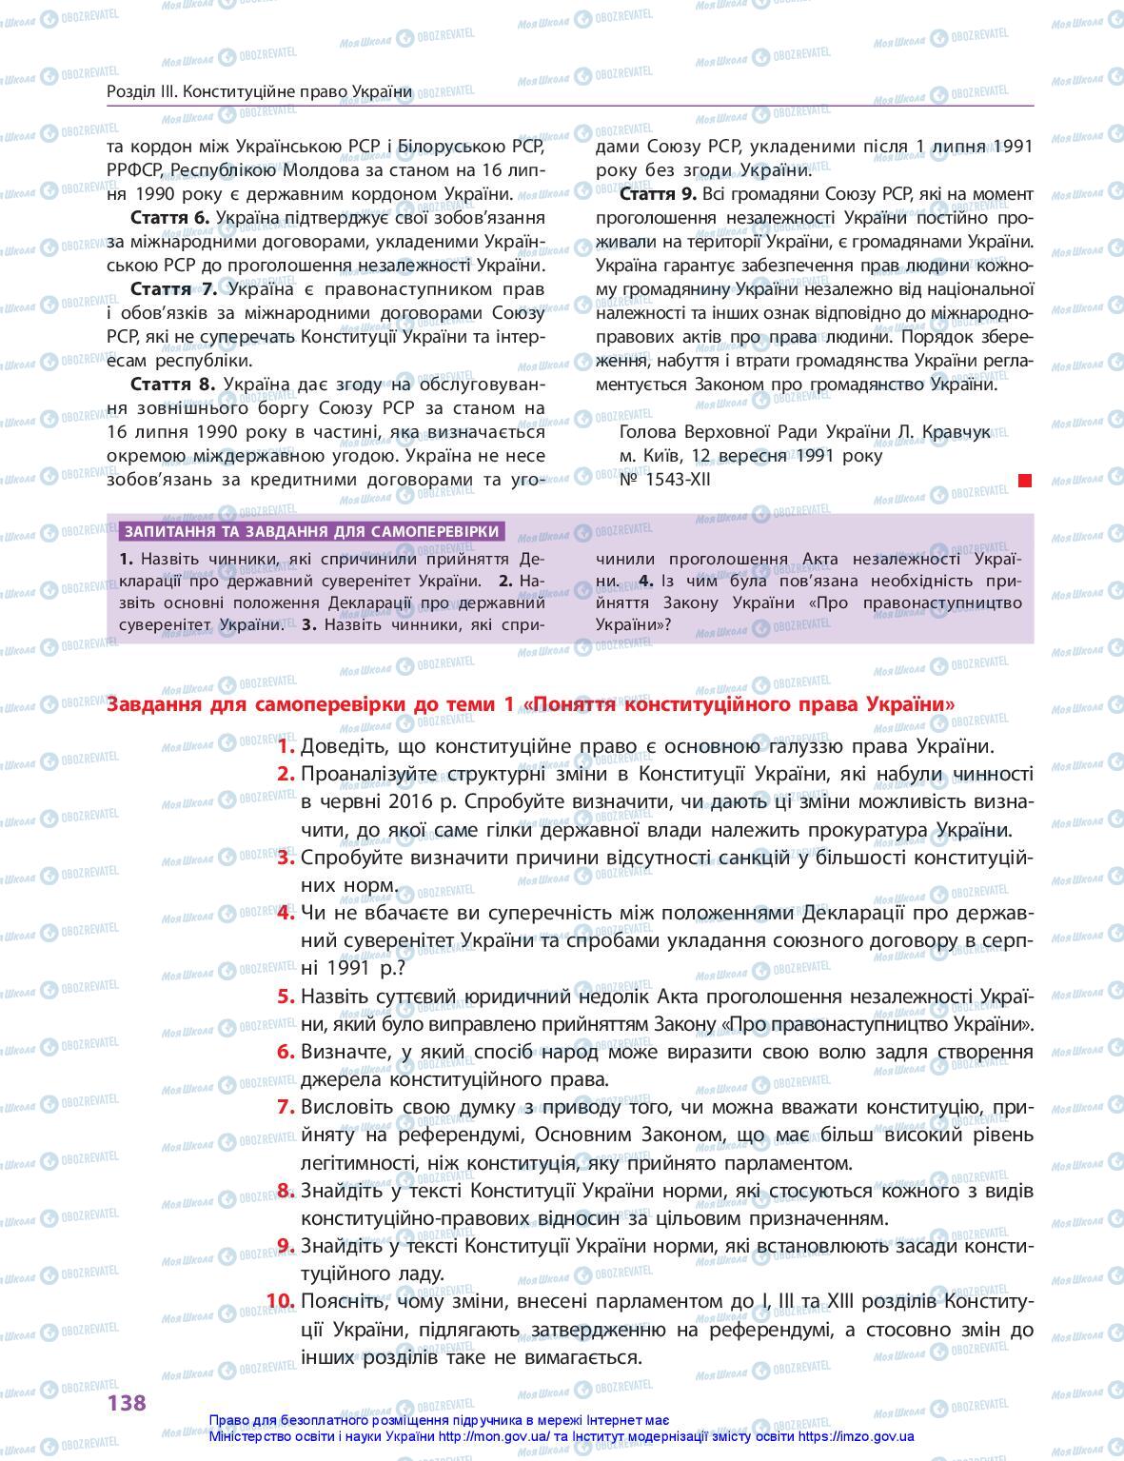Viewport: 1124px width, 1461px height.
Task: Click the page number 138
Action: point(127,1401)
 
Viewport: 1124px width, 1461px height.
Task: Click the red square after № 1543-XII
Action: point(1025,481)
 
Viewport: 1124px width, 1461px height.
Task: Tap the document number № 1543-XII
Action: point(664,480)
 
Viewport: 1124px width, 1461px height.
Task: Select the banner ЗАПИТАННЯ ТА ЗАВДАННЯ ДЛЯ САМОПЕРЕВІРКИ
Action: point(312,532)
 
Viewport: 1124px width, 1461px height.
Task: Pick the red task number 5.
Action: point(286,997)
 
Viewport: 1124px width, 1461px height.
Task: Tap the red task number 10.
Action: point(281,1301)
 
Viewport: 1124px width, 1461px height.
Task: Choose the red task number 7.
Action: point(286,1107)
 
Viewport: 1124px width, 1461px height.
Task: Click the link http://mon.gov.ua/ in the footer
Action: point(484,1438)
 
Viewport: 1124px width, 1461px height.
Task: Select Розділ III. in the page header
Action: point(142,92)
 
